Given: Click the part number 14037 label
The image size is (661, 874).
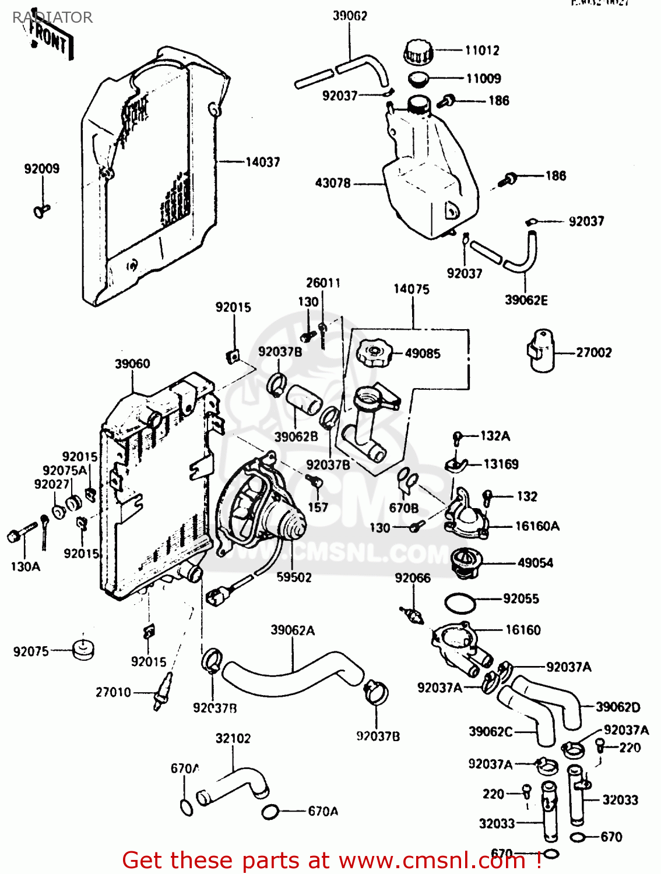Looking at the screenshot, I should [x=262, y=162].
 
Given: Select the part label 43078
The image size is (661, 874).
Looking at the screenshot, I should [x=333, y=183].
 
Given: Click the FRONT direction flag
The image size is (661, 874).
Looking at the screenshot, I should [x=51, y=40].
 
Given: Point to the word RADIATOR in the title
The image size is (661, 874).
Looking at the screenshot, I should [x=52, y=17].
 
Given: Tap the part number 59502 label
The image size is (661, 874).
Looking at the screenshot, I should [x=294, y=577].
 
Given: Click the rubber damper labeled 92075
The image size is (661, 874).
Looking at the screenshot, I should [x=83, y=649].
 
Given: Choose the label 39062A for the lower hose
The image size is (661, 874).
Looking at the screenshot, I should [x=293, y=630].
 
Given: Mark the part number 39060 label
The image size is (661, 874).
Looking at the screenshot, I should [x=132, y=364].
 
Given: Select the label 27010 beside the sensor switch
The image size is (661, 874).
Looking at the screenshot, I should [x=114, y=692].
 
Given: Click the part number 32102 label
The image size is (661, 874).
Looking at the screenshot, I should [x=233, y=738].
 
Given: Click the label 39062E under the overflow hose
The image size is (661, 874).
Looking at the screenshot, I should [x=526, y=300].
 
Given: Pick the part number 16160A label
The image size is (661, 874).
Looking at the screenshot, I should [x=537, y=526].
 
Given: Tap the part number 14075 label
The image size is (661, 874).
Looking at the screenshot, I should [x=412, y=289].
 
